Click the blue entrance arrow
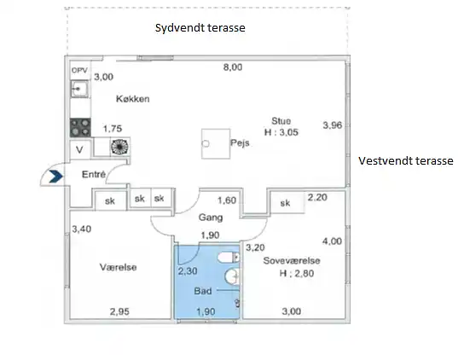coord(55,177)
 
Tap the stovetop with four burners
coord(80,128)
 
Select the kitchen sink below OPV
coord(79,89)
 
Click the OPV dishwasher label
coord(79,71)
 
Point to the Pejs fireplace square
coord(216,144)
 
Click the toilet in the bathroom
coord(229,258)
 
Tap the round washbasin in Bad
coord(232,276)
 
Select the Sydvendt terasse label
coord(200,28)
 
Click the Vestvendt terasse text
coord(406,161)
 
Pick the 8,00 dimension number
coord(233,67)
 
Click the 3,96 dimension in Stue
coord(333,125)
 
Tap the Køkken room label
coord(133,99)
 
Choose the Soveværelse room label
coord(292,261)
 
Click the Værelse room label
coord(118,267)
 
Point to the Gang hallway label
coord(211,218)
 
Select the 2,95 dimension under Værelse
coord(119,311)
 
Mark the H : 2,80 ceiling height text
coord(297,274)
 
